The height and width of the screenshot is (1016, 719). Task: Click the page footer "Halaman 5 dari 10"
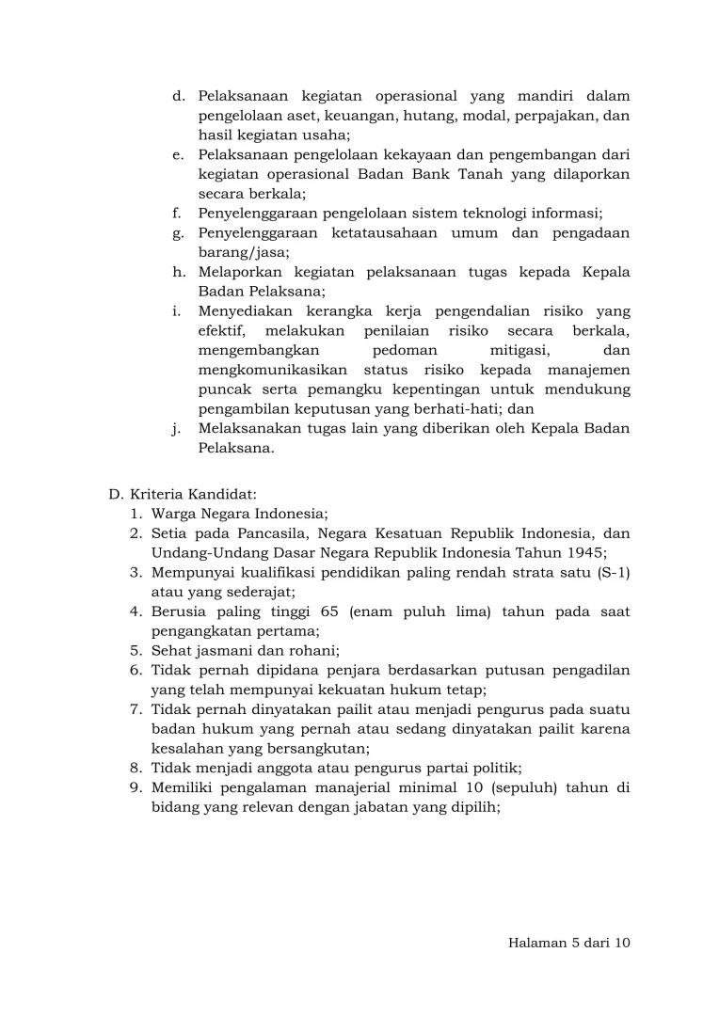pyautogui.click(x=567, y=944)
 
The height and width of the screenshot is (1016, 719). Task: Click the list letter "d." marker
pyautogui.click(x=178, y=96)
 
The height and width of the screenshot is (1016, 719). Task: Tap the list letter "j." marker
pyautogui.click(x=177, y=429)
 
